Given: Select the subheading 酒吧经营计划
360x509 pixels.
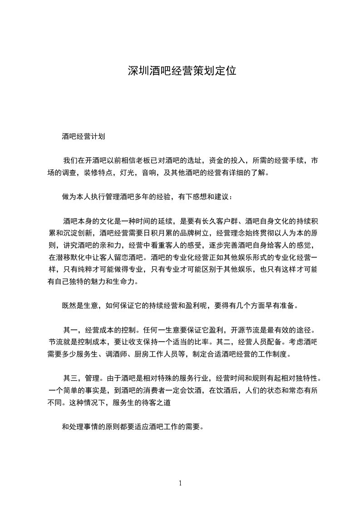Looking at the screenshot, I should point(84,136).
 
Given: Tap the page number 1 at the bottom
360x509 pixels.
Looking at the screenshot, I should point(180,483).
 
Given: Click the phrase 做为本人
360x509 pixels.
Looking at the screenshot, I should point(76,197).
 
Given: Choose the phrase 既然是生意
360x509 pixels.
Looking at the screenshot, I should point(80,305).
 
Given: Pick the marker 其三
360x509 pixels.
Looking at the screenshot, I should point(70,378).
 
